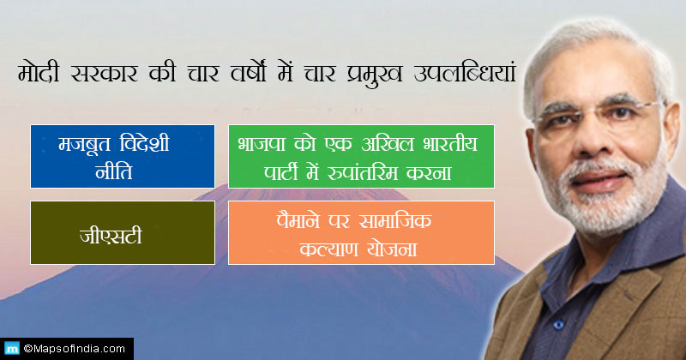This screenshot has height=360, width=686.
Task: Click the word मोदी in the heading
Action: click(x=39, y=72)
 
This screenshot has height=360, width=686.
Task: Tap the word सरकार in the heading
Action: click(x=104, y=74)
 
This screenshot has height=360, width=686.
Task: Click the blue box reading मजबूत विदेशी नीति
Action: click(x=123, y=156)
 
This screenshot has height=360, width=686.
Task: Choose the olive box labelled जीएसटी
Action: click(x=123, y=232)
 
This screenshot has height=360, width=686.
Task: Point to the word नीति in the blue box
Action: click(x=114, y=171)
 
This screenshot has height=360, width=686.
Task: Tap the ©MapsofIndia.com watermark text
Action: click(x=75, y=349)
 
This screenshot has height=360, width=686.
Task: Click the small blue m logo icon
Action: click(x=12, y=349)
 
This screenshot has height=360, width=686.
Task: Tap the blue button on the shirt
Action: click(x=558, y=325)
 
